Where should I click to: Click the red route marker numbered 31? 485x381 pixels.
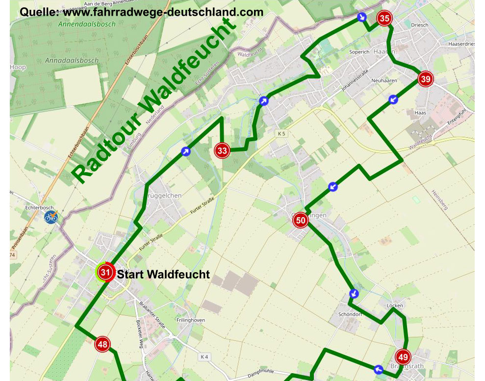[105, 272]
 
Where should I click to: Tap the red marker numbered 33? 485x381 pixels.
[222, 151]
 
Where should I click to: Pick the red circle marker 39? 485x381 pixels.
[425, 79]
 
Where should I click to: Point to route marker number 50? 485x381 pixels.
[301, 221]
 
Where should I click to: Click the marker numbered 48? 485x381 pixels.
[102, 345]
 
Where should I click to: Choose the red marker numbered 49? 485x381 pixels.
[403, 357]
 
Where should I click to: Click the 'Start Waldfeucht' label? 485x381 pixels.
[163, 275]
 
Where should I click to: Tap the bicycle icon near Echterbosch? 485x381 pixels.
[51, 217]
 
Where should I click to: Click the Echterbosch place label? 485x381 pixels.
[39, 208]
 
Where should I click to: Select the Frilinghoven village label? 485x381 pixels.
[190, 320]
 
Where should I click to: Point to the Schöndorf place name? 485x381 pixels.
[350, 314]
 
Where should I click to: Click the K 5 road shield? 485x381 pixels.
[281, 133]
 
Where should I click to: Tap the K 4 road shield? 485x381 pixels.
[204, 357]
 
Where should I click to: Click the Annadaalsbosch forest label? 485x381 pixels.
[78, 61]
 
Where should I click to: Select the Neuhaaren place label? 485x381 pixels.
[384, 80]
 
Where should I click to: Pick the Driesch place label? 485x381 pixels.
[420, 25]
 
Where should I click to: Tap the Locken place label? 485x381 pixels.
[395, 305]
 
